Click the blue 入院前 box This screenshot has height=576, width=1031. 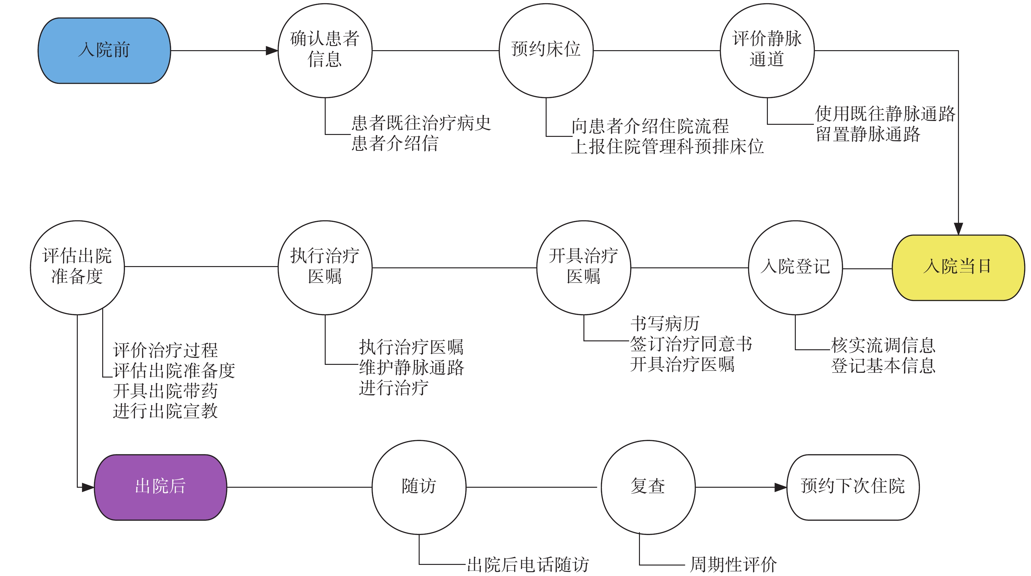104,50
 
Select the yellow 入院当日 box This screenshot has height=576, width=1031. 958,267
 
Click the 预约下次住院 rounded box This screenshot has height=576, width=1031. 853,487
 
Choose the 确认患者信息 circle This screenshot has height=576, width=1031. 325,50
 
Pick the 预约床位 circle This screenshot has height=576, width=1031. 546,50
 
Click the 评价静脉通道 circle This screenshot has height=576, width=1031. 767,50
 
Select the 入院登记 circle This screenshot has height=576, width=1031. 795,267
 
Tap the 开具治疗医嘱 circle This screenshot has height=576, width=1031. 583,267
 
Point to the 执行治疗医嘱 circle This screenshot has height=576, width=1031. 325,267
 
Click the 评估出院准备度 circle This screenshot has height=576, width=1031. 77,267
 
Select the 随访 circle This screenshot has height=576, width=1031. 419,487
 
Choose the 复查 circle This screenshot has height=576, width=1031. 648,487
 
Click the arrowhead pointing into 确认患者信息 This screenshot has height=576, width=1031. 272,50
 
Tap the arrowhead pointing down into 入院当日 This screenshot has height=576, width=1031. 958,229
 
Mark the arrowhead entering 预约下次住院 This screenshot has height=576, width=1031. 781,487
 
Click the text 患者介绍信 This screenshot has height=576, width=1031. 395,143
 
